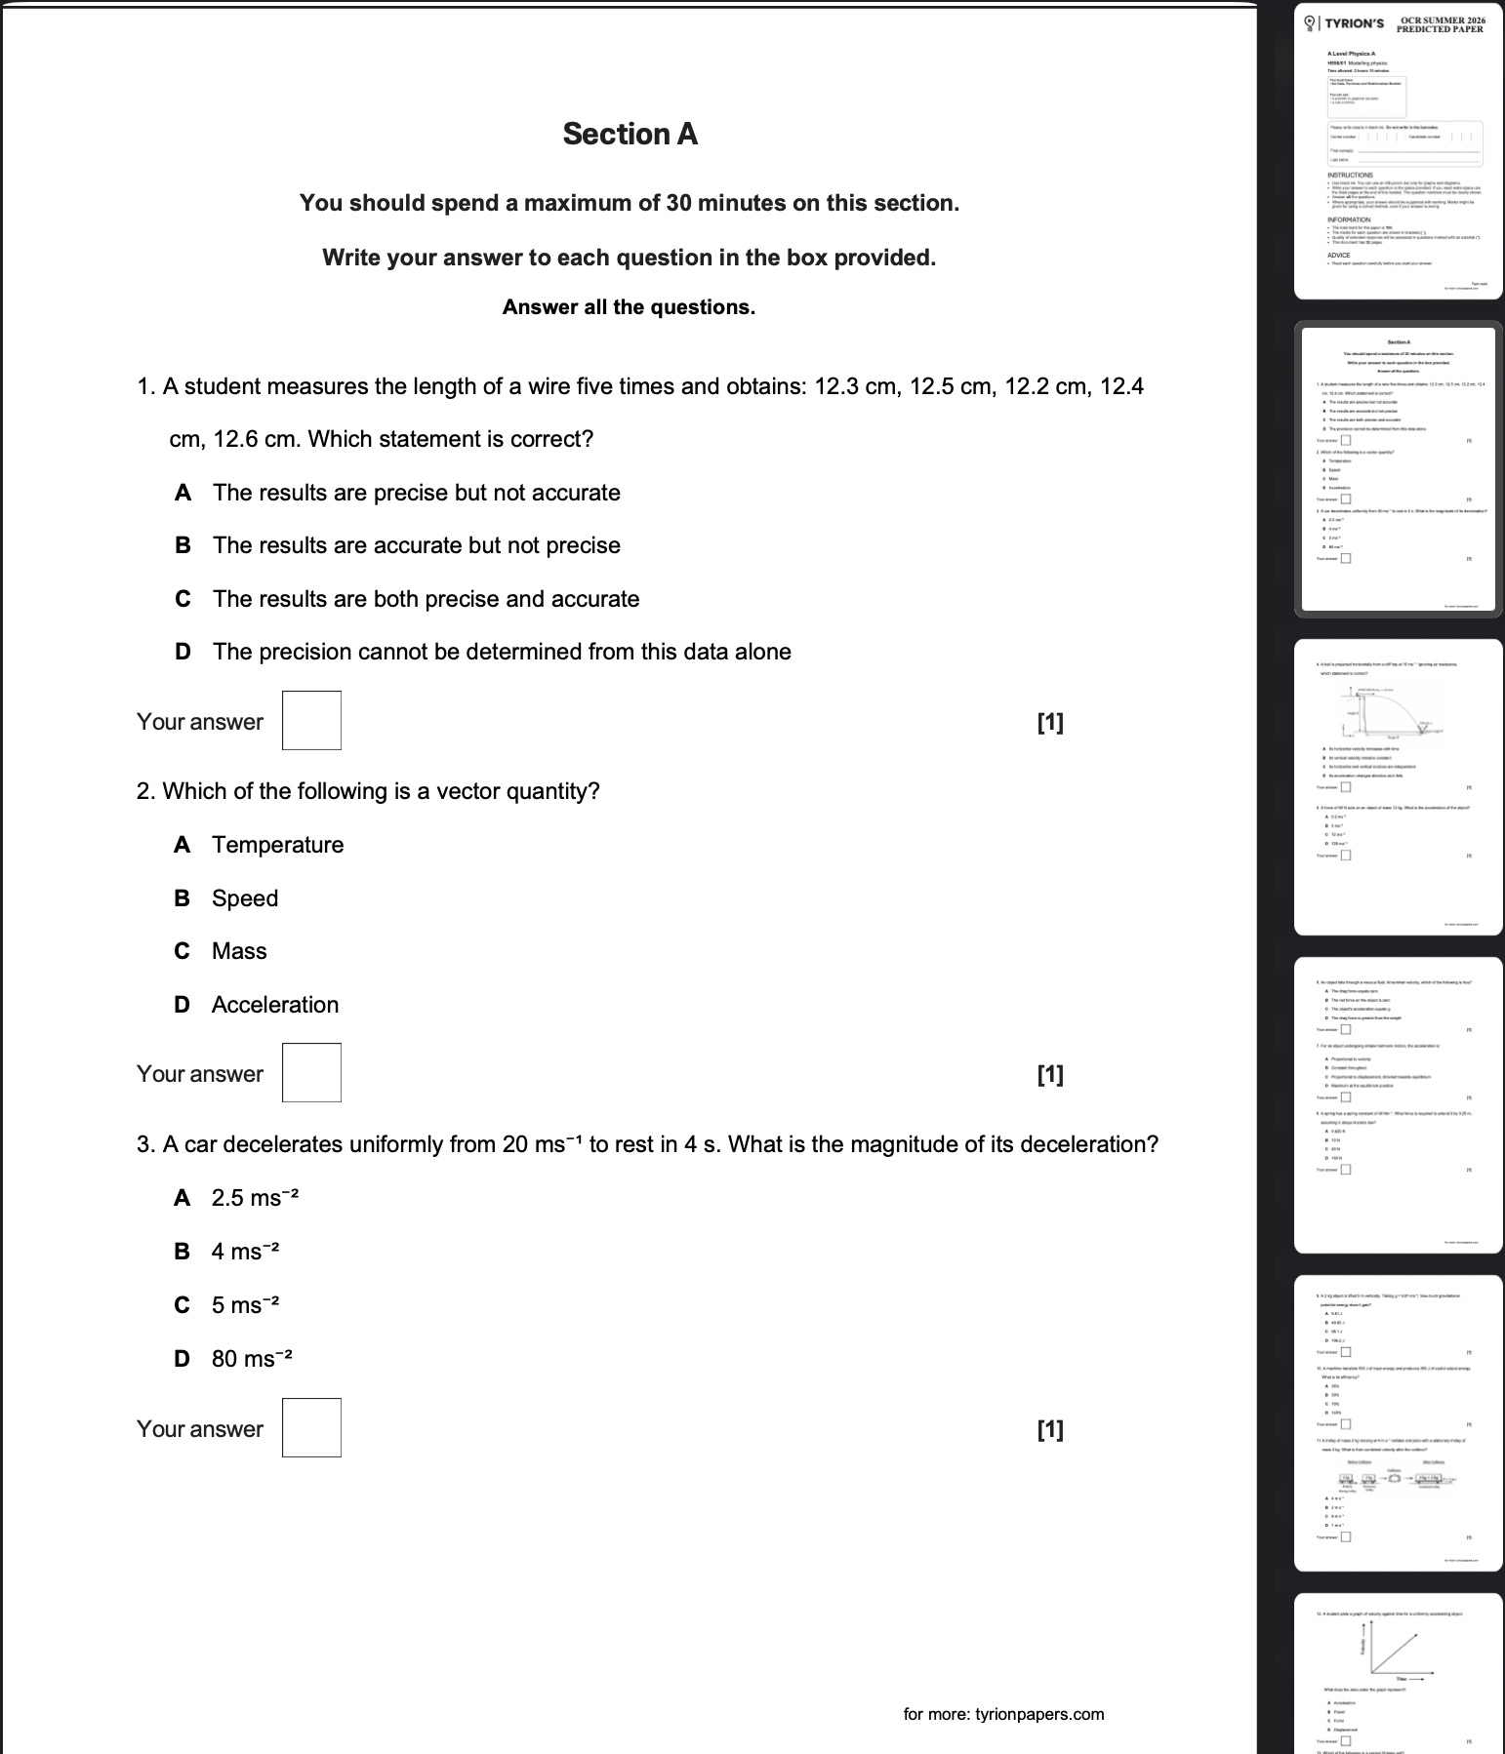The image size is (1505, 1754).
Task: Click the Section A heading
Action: click(x=630, y=135)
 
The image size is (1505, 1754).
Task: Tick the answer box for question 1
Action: click(x=311, y=721)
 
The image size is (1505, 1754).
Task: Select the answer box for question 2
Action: click(x=311, y=1073)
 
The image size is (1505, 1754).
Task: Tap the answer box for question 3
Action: click(x=311, y=1428)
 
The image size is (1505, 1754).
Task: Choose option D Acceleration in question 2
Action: click(x=274, y=1005)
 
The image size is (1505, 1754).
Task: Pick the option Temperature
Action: click(x=277, y=845)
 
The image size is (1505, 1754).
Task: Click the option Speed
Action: click(x=244, y=898)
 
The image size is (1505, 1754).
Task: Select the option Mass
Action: click(x=239, y=951)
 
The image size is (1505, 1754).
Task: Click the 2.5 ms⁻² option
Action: click(x=255, y=1199)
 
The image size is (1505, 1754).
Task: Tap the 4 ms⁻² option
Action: click(x=245, y=1252)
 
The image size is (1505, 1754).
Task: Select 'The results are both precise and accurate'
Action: click(x=426, y=599)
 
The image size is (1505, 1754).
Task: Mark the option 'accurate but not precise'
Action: click(x=416, y=545)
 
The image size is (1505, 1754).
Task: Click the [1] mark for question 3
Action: click(x=1050, y=1430)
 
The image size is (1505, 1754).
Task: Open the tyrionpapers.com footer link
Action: click(x=1003, y=1714)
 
